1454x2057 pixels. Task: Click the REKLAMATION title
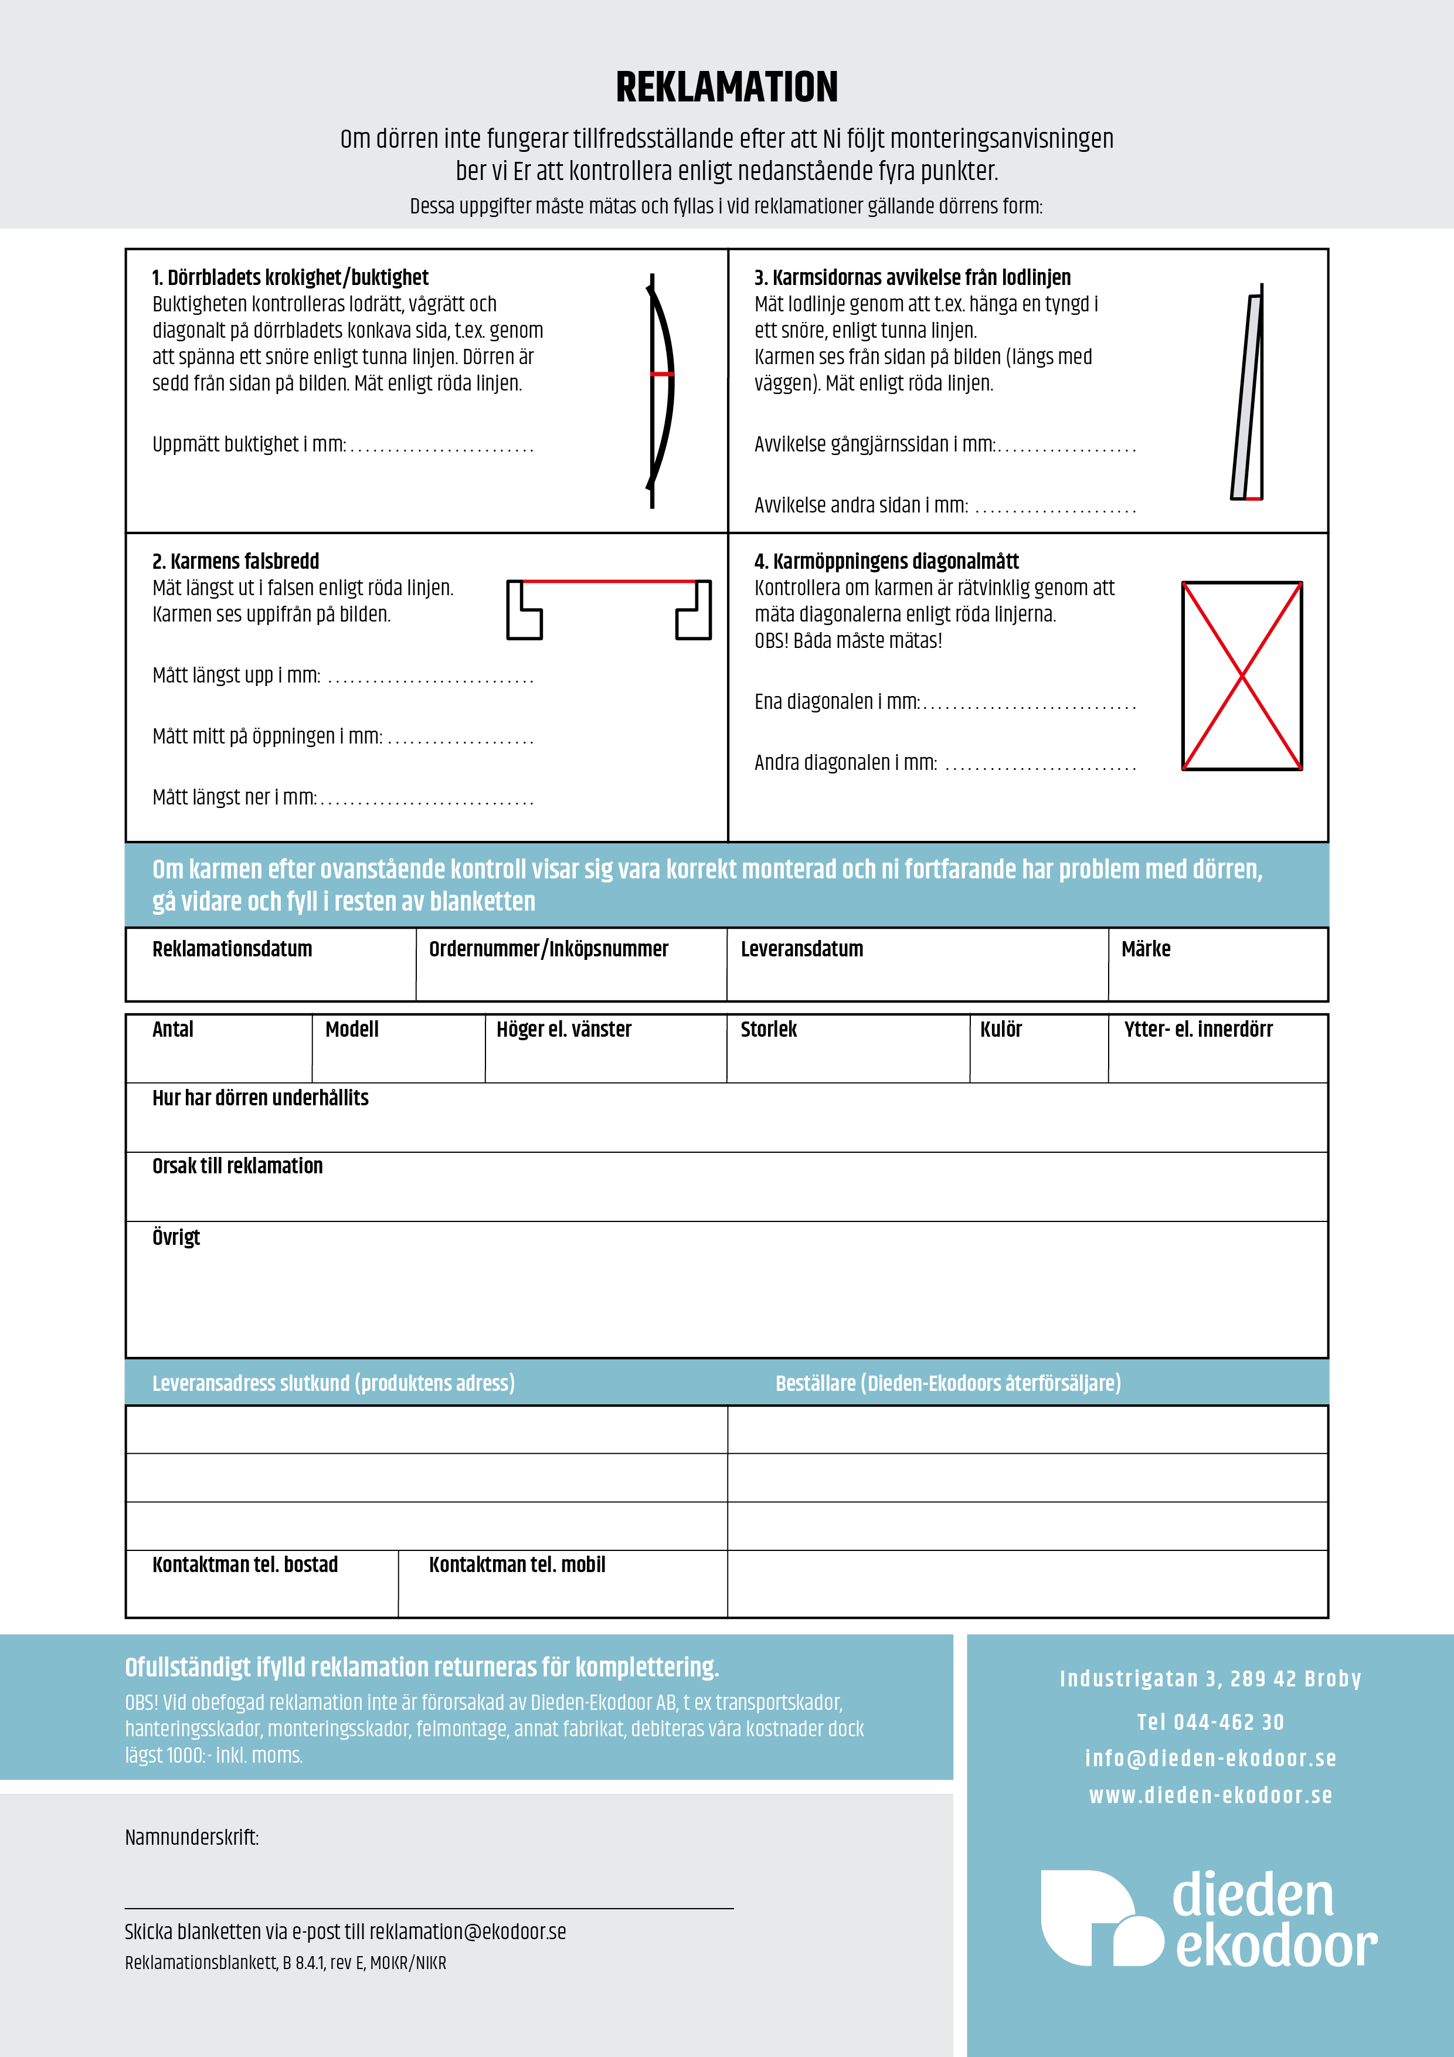(x=726, y=87)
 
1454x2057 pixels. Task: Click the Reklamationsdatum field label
(x=232, y=949)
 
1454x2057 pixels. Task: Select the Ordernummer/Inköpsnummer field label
(x=548, y=949)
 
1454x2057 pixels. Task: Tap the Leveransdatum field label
(x=802, y=949)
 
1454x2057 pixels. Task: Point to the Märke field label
(x=1146, y=949)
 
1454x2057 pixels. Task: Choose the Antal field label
(x=173, y=1030)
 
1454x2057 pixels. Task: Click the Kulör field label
(x=1001, y=1030)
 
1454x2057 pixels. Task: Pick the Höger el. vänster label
(x=563, y=1030)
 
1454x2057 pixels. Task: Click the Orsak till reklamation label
(x=237, y=1166)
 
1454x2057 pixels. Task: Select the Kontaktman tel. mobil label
(x=517, y=1564)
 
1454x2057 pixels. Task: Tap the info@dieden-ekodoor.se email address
(x=1210, y=1758)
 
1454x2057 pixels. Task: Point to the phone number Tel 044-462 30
(x=1210, y=1722)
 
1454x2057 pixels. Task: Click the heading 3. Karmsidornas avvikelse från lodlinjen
(x=912, y=278)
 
